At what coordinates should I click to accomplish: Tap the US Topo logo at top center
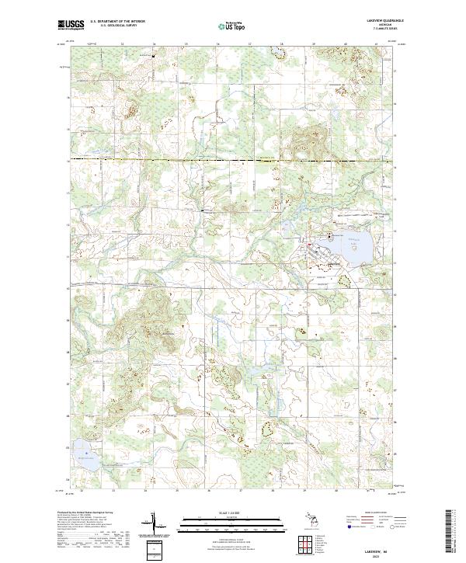click(x=233, y=26)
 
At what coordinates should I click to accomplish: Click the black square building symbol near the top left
click(x=154, y=57)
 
